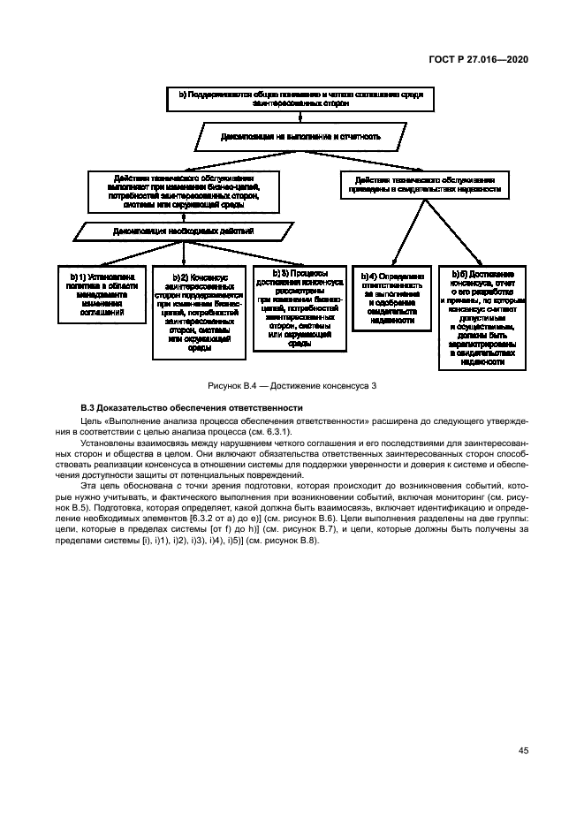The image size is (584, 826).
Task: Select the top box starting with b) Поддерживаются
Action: click(x=301, y=98)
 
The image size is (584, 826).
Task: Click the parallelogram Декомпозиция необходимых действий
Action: click(x=184, y=231)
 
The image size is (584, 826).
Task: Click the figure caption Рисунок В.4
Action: click(x=291, y=386)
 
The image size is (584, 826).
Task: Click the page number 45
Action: click(x=523, y=750)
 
